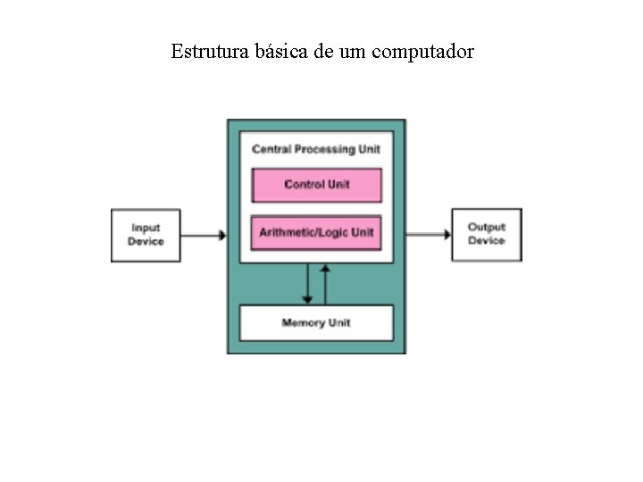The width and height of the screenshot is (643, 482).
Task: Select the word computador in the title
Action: [x=428, y=52]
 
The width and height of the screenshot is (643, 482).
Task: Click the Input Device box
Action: [x=146, y=236]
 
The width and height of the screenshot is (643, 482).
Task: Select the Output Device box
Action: [x=486, y=235]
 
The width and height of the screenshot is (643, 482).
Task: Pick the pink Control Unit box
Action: [x=317, y=185]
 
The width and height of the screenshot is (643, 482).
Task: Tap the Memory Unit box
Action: [x=316, y=322]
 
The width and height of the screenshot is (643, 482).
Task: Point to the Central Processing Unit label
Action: [x=316, y=149]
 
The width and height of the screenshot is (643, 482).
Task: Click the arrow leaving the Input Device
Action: [x=205, y=236]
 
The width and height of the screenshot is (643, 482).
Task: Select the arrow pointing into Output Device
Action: [x=429, y=235]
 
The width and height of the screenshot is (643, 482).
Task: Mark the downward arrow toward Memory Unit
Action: [x=307, y=285]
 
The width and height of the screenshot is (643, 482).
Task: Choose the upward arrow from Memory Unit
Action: [x=326, y=284]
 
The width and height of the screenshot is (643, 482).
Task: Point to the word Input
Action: [x=146, y=229]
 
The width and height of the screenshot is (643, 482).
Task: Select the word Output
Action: [x=487, y=228]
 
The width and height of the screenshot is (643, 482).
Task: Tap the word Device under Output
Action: [x=487, y=241]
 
